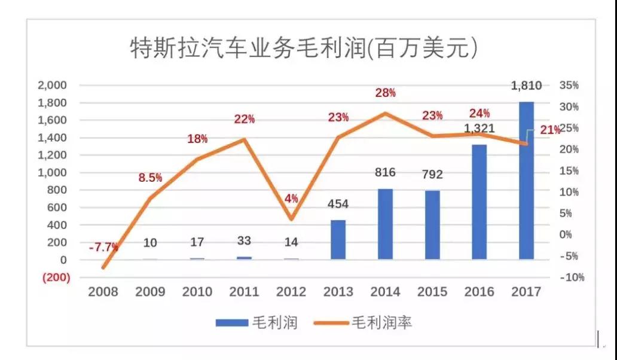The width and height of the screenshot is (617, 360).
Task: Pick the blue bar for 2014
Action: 385,224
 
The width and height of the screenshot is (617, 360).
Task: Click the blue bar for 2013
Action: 338,240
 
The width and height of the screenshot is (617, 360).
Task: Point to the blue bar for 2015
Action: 432,225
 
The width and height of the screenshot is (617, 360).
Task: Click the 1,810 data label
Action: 526,86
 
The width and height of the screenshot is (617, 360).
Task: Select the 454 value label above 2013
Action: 338,204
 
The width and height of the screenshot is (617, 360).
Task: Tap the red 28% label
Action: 386,93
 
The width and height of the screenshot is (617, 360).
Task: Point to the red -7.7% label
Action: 103,247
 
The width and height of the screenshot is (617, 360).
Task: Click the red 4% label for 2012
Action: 291,199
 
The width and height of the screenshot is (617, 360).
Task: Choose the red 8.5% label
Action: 151,178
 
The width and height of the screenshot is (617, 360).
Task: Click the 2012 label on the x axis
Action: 291,292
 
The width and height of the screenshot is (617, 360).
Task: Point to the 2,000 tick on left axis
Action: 53,86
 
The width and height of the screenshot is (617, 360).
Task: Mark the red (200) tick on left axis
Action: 55,277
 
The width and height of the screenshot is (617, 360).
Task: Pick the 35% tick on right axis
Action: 569,86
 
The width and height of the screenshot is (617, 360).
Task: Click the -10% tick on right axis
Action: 571,277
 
